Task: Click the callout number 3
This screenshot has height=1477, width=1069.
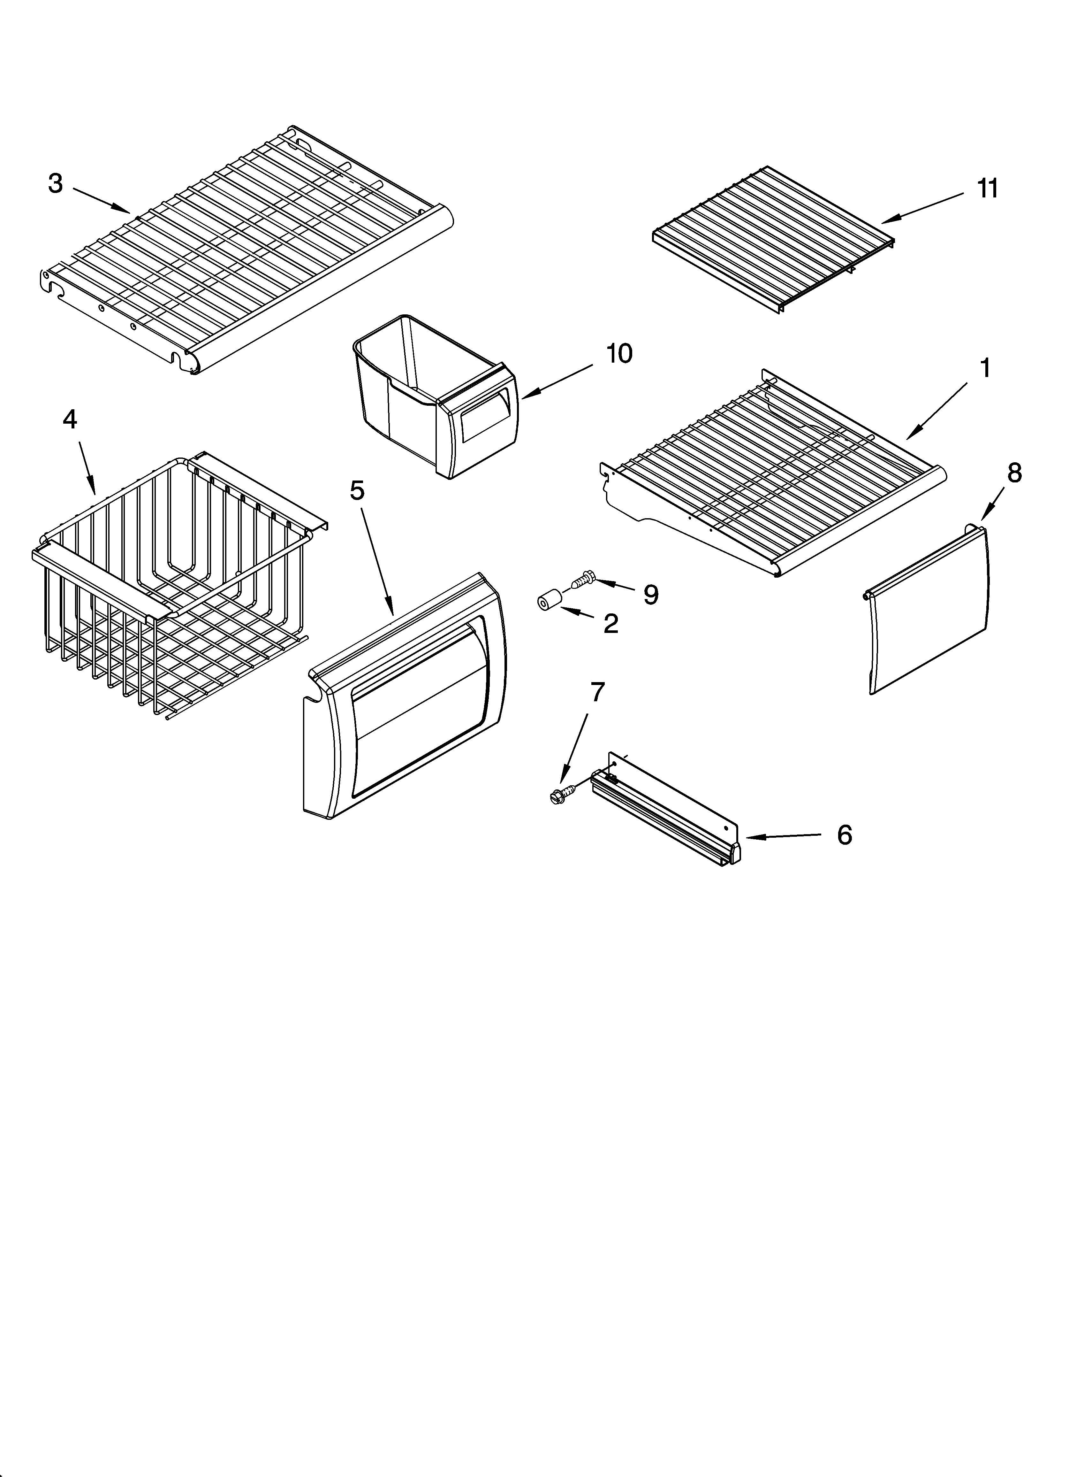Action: pyautogui.click(x=56, y=184)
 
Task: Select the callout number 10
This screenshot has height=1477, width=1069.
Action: pyautogui.click(x=618, y=354)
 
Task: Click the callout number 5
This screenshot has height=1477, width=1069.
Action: pyautogui.click(x=357, y=490)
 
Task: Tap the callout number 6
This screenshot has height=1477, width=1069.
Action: pyautogui.click(x=844, y=835)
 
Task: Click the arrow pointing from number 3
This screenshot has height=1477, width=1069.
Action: pyautogui.click(x=101, y=199)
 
